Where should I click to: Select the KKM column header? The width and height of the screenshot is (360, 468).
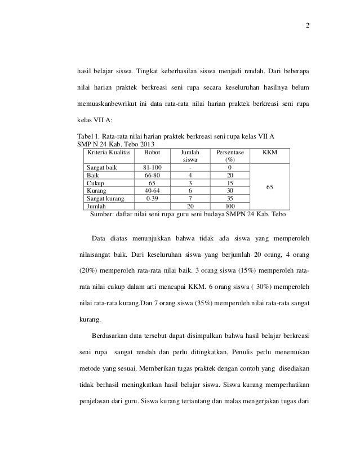[x=270, y=152]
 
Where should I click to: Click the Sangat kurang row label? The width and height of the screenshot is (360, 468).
[x=106, y=198]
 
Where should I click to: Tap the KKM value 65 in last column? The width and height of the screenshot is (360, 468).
[x=270, y=186]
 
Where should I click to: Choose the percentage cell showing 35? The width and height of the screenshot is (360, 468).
[x=229, y=198]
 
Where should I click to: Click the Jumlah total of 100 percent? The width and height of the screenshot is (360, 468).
[x=229, y=206]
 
